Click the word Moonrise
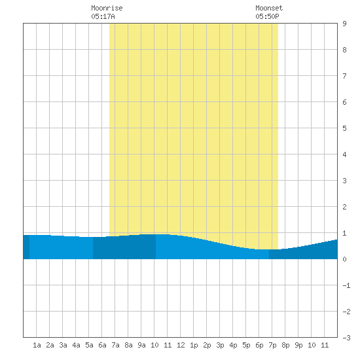(107, 8)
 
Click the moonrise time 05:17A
(103, 16)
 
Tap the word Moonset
(269, 8)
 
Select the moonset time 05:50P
(267, 16)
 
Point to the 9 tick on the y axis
(344, 24)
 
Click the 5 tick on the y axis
(344, 128)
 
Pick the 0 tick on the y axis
(344, 259)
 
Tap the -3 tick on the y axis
(346, 338)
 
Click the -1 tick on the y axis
(346, 285)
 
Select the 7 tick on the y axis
(344, 76)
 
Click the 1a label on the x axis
(37, 345)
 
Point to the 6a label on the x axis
(102, 345)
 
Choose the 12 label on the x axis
(181, 345)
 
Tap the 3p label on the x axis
(220, 345)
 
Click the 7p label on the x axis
(272, 345)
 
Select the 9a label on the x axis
(141, 345)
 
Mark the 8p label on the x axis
(285, 345)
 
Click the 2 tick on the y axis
(344, 207)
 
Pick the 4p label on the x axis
(233, 345)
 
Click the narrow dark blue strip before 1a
(26, 247)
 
